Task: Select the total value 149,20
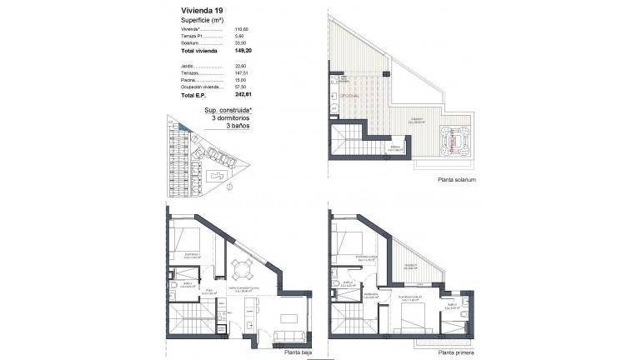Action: pyautogui.click(x=245, y=50)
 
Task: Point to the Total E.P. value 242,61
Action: pyautogui.click(x=245, y=97)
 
